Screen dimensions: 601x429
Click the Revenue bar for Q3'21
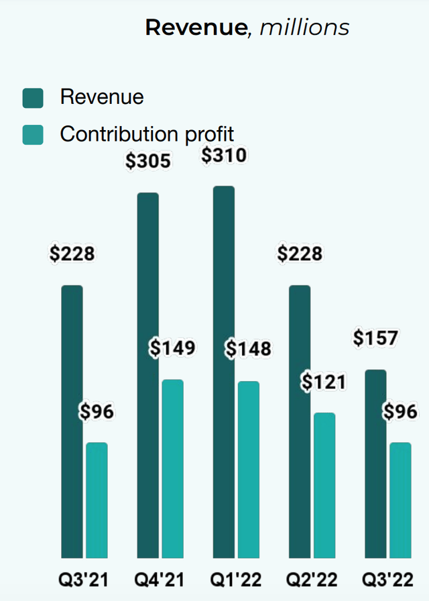tap(72, 421)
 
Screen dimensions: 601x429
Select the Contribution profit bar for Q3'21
tap(97, 500)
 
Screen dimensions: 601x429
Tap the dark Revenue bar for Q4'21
tap(147, 375)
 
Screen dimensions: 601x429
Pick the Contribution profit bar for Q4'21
tap(172, 468)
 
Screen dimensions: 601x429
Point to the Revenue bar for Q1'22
tap(223, 372)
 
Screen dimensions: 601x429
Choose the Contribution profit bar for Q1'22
tap(248, 470)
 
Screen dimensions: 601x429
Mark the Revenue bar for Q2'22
tap(300, 421)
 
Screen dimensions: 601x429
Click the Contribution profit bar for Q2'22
tap(324, 485)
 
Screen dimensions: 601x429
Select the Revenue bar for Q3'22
tap(375, 463)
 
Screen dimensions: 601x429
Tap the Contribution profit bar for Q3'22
tap(400, 500)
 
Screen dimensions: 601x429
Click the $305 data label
tap(148, 161)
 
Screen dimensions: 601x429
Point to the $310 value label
tap(224, 155)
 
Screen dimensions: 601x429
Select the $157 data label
tap(375, 339)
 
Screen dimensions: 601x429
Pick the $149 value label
tap(172, 348)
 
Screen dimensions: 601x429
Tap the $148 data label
tap(248, 349)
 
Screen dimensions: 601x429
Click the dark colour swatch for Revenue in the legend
tap(32, 98)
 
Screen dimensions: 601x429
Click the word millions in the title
tap(304, 28)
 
